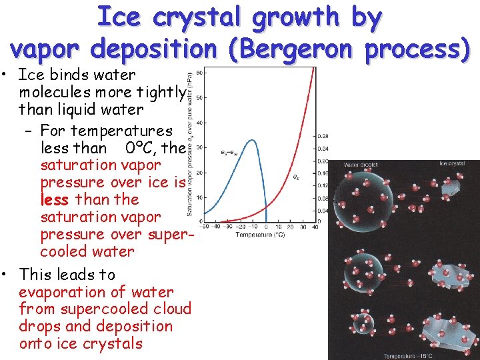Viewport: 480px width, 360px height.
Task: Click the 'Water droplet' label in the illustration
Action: tap(361, 164)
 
